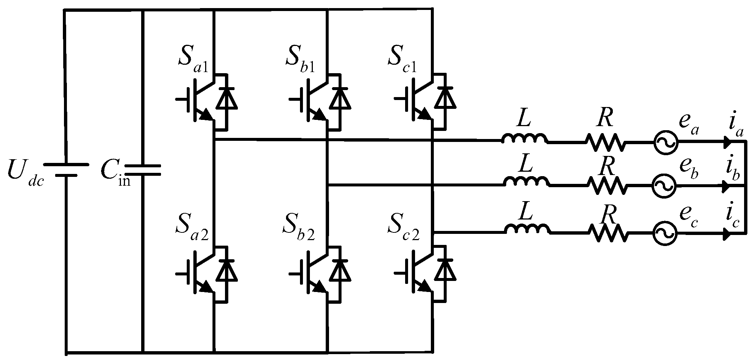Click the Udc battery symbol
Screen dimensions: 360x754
pos(66,170)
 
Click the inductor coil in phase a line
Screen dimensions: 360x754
pos(524,139)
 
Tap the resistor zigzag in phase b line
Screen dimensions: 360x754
pos(607,186)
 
